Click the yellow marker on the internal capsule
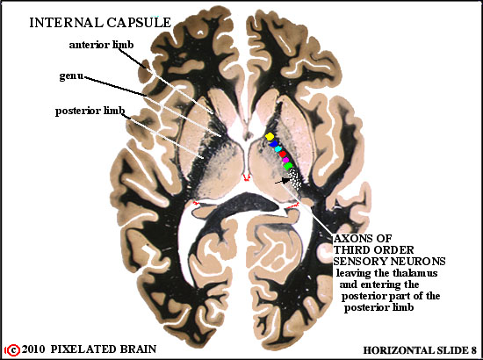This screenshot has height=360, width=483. pyautogui.click(x=270, y=136)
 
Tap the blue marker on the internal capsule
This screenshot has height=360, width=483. pyautogui.click(x=273, y=144)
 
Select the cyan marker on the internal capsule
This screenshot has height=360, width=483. pyautogui.click(x=278, y=149)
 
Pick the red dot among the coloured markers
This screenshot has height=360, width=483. pyautogui.click(x=283, y=154)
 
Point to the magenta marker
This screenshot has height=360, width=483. pyautogui.click(x=285, y=160)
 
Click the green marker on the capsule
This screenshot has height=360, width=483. pyautogui.click(x=288, y=166)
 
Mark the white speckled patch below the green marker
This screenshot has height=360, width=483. pyautogui.click(x=296, y=178)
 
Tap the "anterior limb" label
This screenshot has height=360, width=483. pyautogui.click(x=101, y=45)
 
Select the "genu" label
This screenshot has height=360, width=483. pyautogui.click(x=71, y=76)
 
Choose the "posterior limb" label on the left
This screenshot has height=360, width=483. pyautogui.click(x=90, y=111)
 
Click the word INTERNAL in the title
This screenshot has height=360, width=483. pyautogui.click(x=67, y=23)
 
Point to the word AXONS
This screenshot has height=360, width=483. pyautogui.click(x=363, y=238)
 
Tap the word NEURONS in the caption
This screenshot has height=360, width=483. pyautogui.click(x=418, y=262)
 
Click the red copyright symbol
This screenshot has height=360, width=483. pyautogui.click(x=13, y=350)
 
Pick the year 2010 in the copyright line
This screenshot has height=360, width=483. pyautogui.click(x=33, y=349)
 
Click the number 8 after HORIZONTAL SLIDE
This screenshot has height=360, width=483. pyautogui.click(x=473, y=350)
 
